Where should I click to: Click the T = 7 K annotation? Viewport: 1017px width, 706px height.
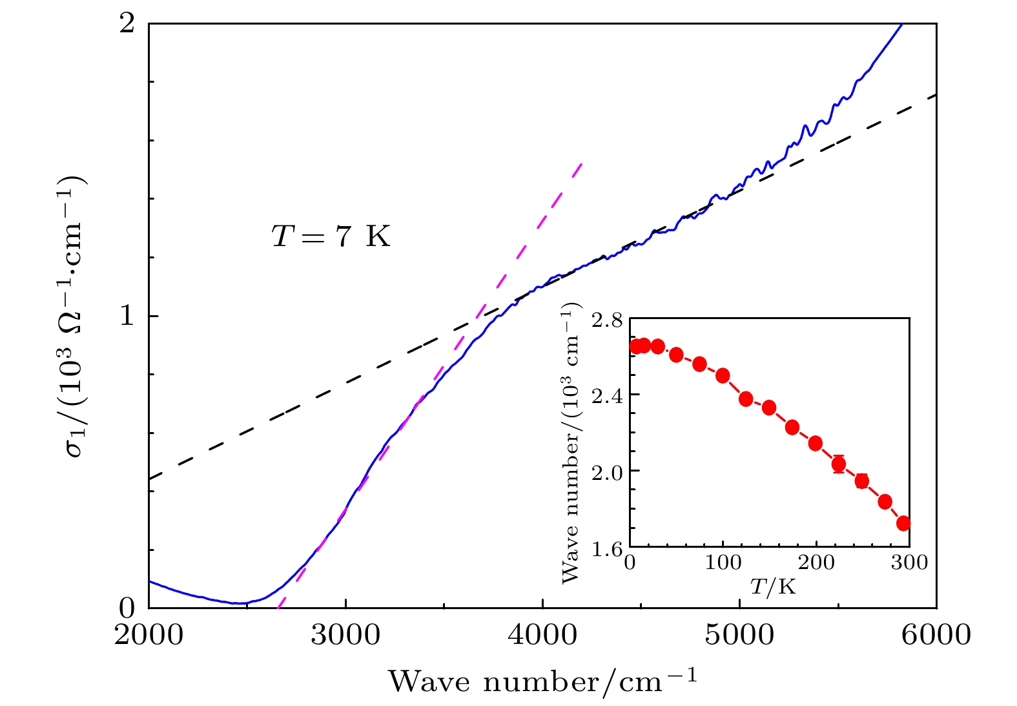[x=331, y=236]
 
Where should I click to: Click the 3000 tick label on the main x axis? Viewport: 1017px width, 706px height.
[x=345, y=635]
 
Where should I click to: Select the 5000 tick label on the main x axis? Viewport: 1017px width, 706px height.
[x=739, y=635]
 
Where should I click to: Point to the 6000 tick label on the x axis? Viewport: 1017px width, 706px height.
[x=936, y=635]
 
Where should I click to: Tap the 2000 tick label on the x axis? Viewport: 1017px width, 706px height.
[x=149, y=635]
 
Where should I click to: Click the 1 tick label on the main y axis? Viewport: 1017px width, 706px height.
[x=127, y=316]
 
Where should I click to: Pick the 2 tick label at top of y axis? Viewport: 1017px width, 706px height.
[x=127, y=24]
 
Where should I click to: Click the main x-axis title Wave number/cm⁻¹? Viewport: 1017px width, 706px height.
[x=542, y=681]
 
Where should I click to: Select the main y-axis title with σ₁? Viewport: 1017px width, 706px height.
[x=77, y=317]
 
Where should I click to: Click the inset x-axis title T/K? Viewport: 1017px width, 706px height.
[x=772, y=587]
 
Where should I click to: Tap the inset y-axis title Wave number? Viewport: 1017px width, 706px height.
[x=570, y=446]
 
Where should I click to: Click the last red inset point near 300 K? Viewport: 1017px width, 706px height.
[x=903, y=523]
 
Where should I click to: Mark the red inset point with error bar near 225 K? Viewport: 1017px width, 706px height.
[x=839, y=464]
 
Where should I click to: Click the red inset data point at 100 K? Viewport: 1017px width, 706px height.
[x=723, y=376]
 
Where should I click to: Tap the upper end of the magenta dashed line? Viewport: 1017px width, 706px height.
[x=582, y=163]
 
